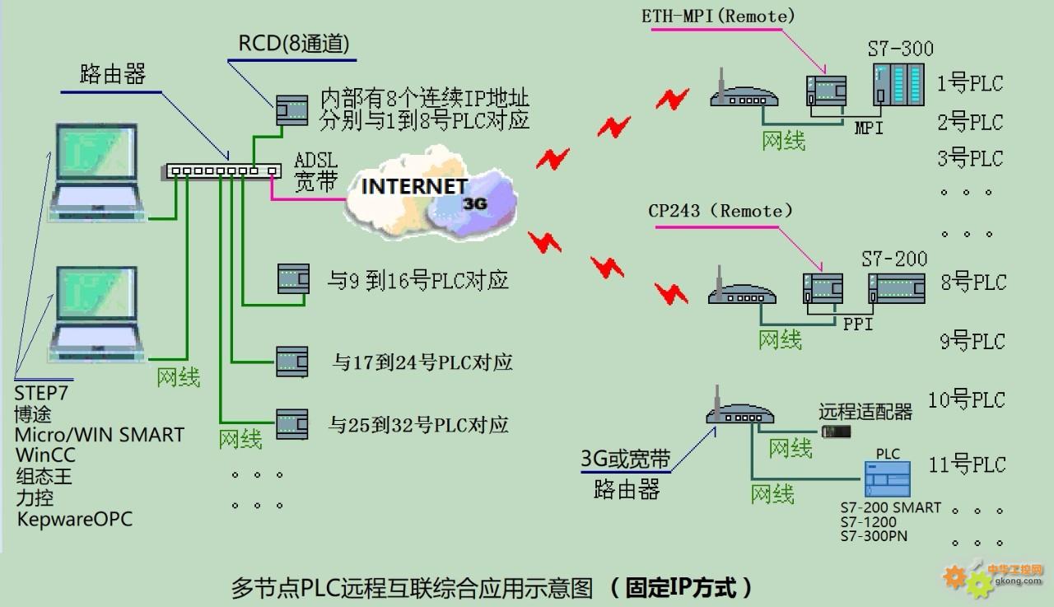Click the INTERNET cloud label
[414, 186]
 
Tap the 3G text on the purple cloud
[476, 203]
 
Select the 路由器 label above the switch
[113, 75]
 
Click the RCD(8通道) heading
[294, 44]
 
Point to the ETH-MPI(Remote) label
[718, 16]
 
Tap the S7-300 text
[901, 49]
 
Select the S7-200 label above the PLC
[894, 259]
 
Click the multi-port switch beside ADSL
[222, 171]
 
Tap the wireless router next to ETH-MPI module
[743, 96]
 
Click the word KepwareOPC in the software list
[75, 519]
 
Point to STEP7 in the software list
[41, 392]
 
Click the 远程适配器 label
[865, 411]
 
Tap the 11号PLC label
[967, 465]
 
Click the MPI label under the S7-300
[869, 128]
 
